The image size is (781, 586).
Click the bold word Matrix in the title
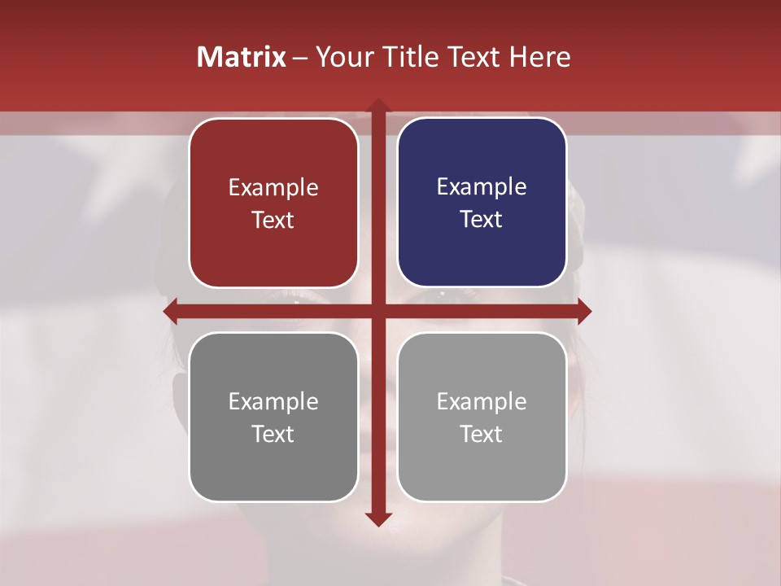pyautogui.click(x=242, y=57)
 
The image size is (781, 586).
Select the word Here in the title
pyautogui.click(x=540, y=57)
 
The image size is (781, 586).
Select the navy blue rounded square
pyautogui.click(x=482, y=155)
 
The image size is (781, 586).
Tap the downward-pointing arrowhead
pyautogui.click(x=377, y=518)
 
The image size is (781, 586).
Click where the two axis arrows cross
pyautogui.click(x=377, y=311)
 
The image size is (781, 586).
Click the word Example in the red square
pyautogui.click(x=273, y=188)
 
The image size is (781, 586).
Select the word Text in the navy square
pyautogui.click(x=482, y=219)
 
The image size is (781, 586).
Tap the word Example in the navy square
pyautogui.click(x=482, y=187)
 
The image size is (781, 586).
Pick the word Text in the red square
pyautogui.click(x=273, y=220)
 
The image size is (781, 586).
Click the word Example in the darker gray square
pyautogui.click(x=273, y=401)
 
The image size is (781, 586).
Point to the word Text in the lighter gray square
pyautogui.click(x=482, y=434)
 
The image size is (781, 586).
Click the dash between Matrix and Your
pyautogui.click(x=300, y=58)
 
